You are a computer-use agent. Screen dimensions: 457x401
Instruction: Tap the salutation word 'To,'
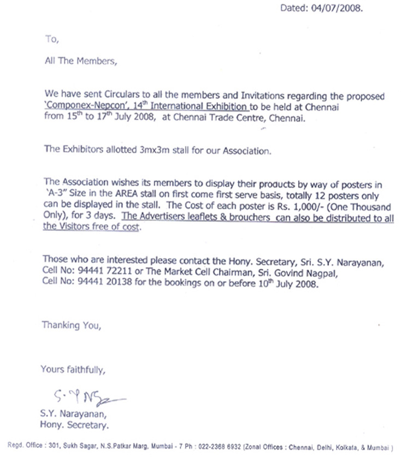click(51, 39)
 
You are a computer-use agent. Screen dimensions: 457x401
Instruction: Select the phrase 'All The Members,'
click(80, 61)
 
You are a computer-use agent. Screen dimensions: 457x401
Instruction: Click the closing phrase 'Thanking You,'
click(71, 326)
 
